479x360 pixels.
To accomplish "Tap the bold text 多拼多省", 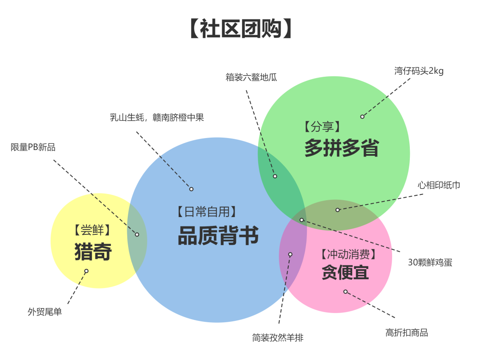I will click(x=341, y=148).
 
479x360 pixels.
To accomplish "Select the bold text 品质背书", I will click(x=218, y=236).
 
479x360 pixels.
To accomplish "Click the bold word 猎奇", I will click(x=93, y=252).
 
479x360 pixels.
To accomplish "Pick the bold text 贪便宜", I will click(x=345, y=272).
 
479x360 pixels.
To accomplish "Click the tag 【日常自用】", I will click(x=206, y=212).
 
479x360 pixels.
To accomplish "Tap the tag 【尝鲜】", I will click(x=92, y=230).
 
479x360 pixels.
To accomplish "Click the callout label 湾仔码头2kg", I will click(x=419, y=71).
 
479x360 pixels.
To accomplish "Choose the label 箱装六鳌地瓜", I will click(x=251, y=77).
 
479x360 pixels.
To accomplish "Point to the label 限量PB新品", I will click(x=33, y=147).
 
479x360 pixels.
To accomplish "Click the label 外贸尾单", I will click(x=45, y=312).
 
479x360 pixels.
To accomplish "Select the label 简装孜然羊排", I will click(x=278, y=337).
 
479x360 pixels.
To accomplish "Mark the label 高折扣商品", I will click(x=407, y=333).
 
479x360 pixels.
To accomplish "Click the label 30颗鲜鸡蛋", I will click(x=430, y=262).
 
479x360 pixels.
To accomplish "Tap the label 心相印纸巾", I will click(x=439, y=185).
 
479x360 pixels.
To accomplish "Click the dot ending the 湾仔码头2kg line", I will click(x=362, y=117).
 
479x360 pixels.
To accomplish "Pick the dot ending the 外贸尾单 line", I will click(x=86, y=271).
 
